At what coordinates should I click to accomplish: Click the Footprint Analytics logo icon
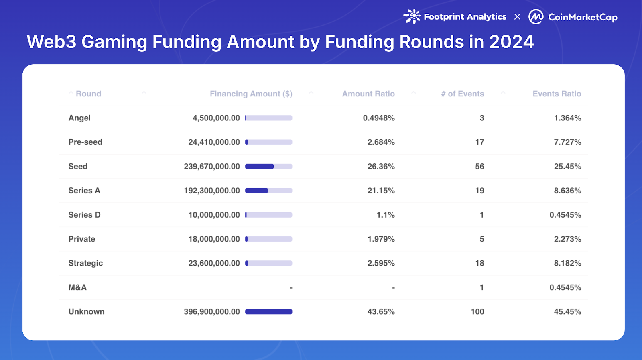(412, 16)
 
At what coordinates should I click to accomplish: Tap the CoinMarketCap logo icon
(536, 17)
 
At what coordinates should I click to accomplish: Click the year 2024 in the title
(511, 42)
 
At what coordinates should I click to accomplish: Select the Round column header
(88, 94)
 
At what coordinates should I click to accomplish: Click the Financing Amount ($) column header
(251, 94)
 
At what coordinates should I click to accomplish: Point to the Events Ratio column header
(557, 94)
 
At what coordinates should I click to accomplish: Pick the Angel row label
(79, 118)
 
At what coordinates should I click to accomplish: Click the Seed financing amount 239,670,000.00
(212, 166)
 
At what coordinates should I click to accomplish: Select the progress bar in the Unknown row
(268, 311)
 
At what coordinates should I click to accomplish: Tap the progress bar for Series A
(268, 191)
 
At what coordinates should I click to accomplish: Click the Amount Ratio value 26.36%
(381, 166)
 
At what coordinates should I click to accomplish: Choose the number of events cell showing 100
(477, 311)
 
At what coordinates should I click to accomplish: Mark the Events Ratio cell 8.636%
(567, 191)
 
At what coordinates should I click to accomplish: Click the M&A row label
(77, 287)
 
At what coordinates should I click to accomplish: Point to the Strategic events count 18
(479, 263)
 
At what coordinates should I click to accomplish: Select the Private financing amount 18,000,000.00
(214, 239)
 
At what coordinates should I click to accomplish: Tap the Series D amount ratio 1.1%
(385, 215)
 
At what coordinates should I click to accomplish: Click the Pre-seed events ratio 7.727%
(567, 142)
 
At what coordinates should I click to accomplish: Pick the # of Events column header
(462, 94)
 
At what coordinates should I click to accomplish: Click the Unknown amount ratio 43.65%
(381, 311)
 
